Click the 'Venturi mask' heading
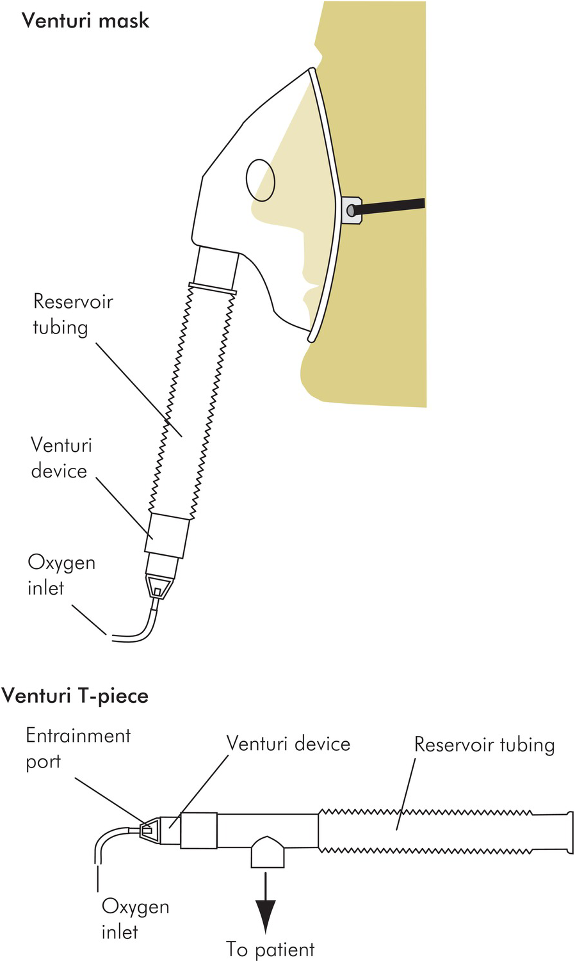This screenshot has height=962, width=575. point(85,20)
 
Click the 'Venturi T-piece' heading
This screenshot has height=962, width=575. point(75,696)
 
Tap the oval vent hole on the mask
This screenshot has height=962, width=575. point(261,180)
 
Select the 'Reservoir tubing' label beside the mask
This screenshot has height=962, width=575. point(73,315)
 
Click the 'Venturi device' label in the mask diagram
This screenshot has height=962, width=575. point(61,458)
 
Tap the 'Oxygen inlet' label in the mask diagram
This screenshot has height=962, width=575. point(61,575)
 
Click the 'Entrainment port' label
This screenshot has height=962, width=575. point(78,749)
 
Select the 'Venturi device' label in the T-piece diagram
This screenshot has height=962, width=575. point(288,743)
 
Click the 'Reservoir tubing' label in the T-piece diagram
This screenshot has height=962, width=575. point(484,745)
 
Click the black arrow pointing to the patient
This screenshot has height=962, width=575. point(266,902)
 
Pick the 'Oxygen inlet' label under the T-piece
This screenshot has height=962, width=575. point(135,920)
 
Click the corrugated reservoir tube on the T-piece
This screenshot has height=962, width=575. point(446,831)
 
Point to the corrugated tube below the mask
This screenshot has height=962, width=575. point(191,401)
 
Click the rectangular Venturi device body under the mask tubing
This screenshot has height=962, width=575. point(166,535)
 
